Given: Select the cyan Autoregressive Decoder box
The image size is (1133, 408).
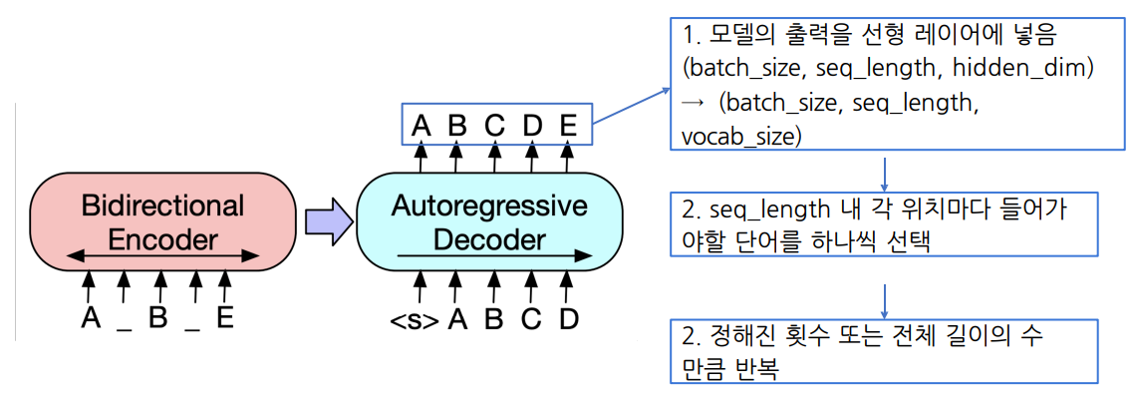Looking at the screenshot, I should click(x=488, y=221).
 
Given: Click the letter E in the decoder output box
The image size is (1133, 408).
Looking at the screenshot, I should click(x=568, y=127).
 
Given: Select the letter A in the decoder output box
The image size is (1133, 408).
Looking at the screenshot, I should click(x=421, y=127).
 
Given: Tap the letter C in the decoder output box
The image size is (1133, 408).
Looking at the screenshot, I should click(x=494, y=127).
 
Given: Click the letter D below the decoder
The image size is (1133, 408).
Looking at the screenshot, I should click(x=567, y=321).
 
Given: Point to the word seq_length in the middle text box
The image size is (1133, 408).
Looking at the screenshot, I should click(x=767, y=211).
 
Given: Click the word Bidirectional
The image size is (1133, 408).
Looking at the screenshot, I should click(x=162, y=206).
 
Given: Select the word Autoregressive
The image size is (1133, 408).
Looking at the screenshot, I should click(x=489, y=206).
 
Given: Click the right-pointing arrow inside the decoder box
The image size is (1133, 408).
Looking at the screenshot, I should click(x=488, y=256).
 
